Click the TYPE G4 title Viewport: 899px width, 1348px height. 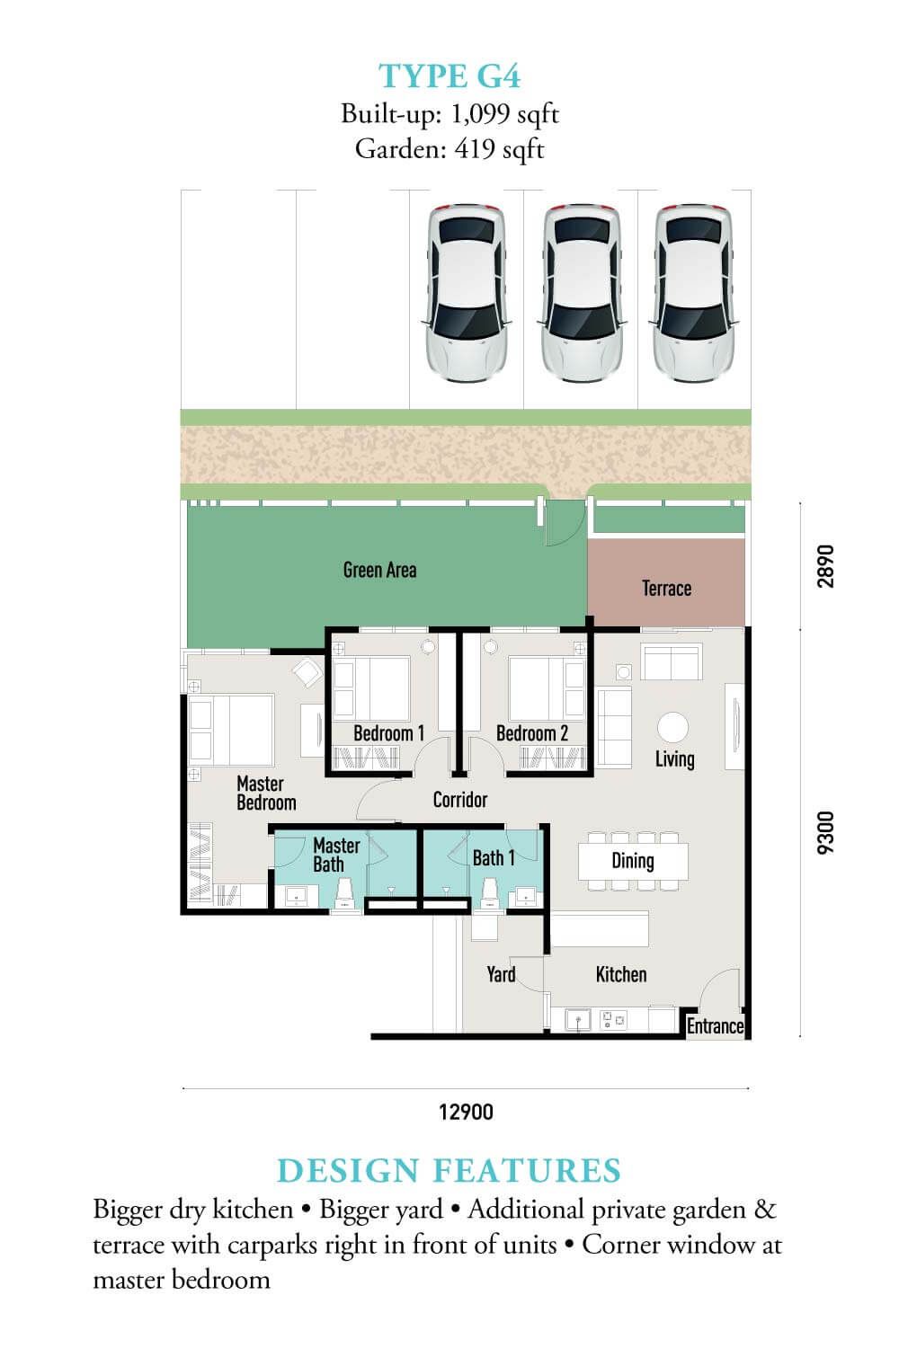[x=449, y=76]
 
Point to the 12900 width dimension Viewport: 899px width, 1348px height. [x=466, y=1112]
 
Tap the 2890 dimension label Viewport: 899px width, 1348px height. [x=825, y=566]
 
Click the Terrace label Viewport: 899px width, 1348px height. [x=666, y=588]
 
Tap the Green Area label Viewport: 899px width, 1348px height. [x=380, y=570]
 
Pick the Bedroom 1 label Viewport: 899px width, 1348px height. [x=389, y=733]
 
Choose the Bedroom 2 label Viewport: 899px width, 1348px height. [x=532, y=733]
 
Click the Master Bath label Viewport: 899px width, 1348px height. [x=336, y=855]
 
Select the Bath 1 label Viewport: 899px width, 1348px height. [x=494, y=858]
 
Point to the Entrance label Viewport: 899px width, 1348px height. [x=716, y=1026]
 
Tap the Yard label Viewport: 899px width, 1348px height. [x=501, y=973]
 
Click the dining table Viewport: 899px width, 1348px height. [x=633, y=861]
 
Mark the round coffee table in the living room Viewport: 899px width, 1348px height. [x=672, y=727]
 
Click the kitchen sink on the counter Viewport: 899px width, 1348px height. [x=578, y=1020]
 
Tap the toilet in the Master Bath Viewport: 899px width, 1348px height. [x=344, y=893]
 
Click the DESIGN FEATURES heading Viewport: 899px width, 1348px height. [x=449, y=1170]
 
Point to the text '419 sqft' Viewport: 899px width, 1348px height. [x=499, y=148]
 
